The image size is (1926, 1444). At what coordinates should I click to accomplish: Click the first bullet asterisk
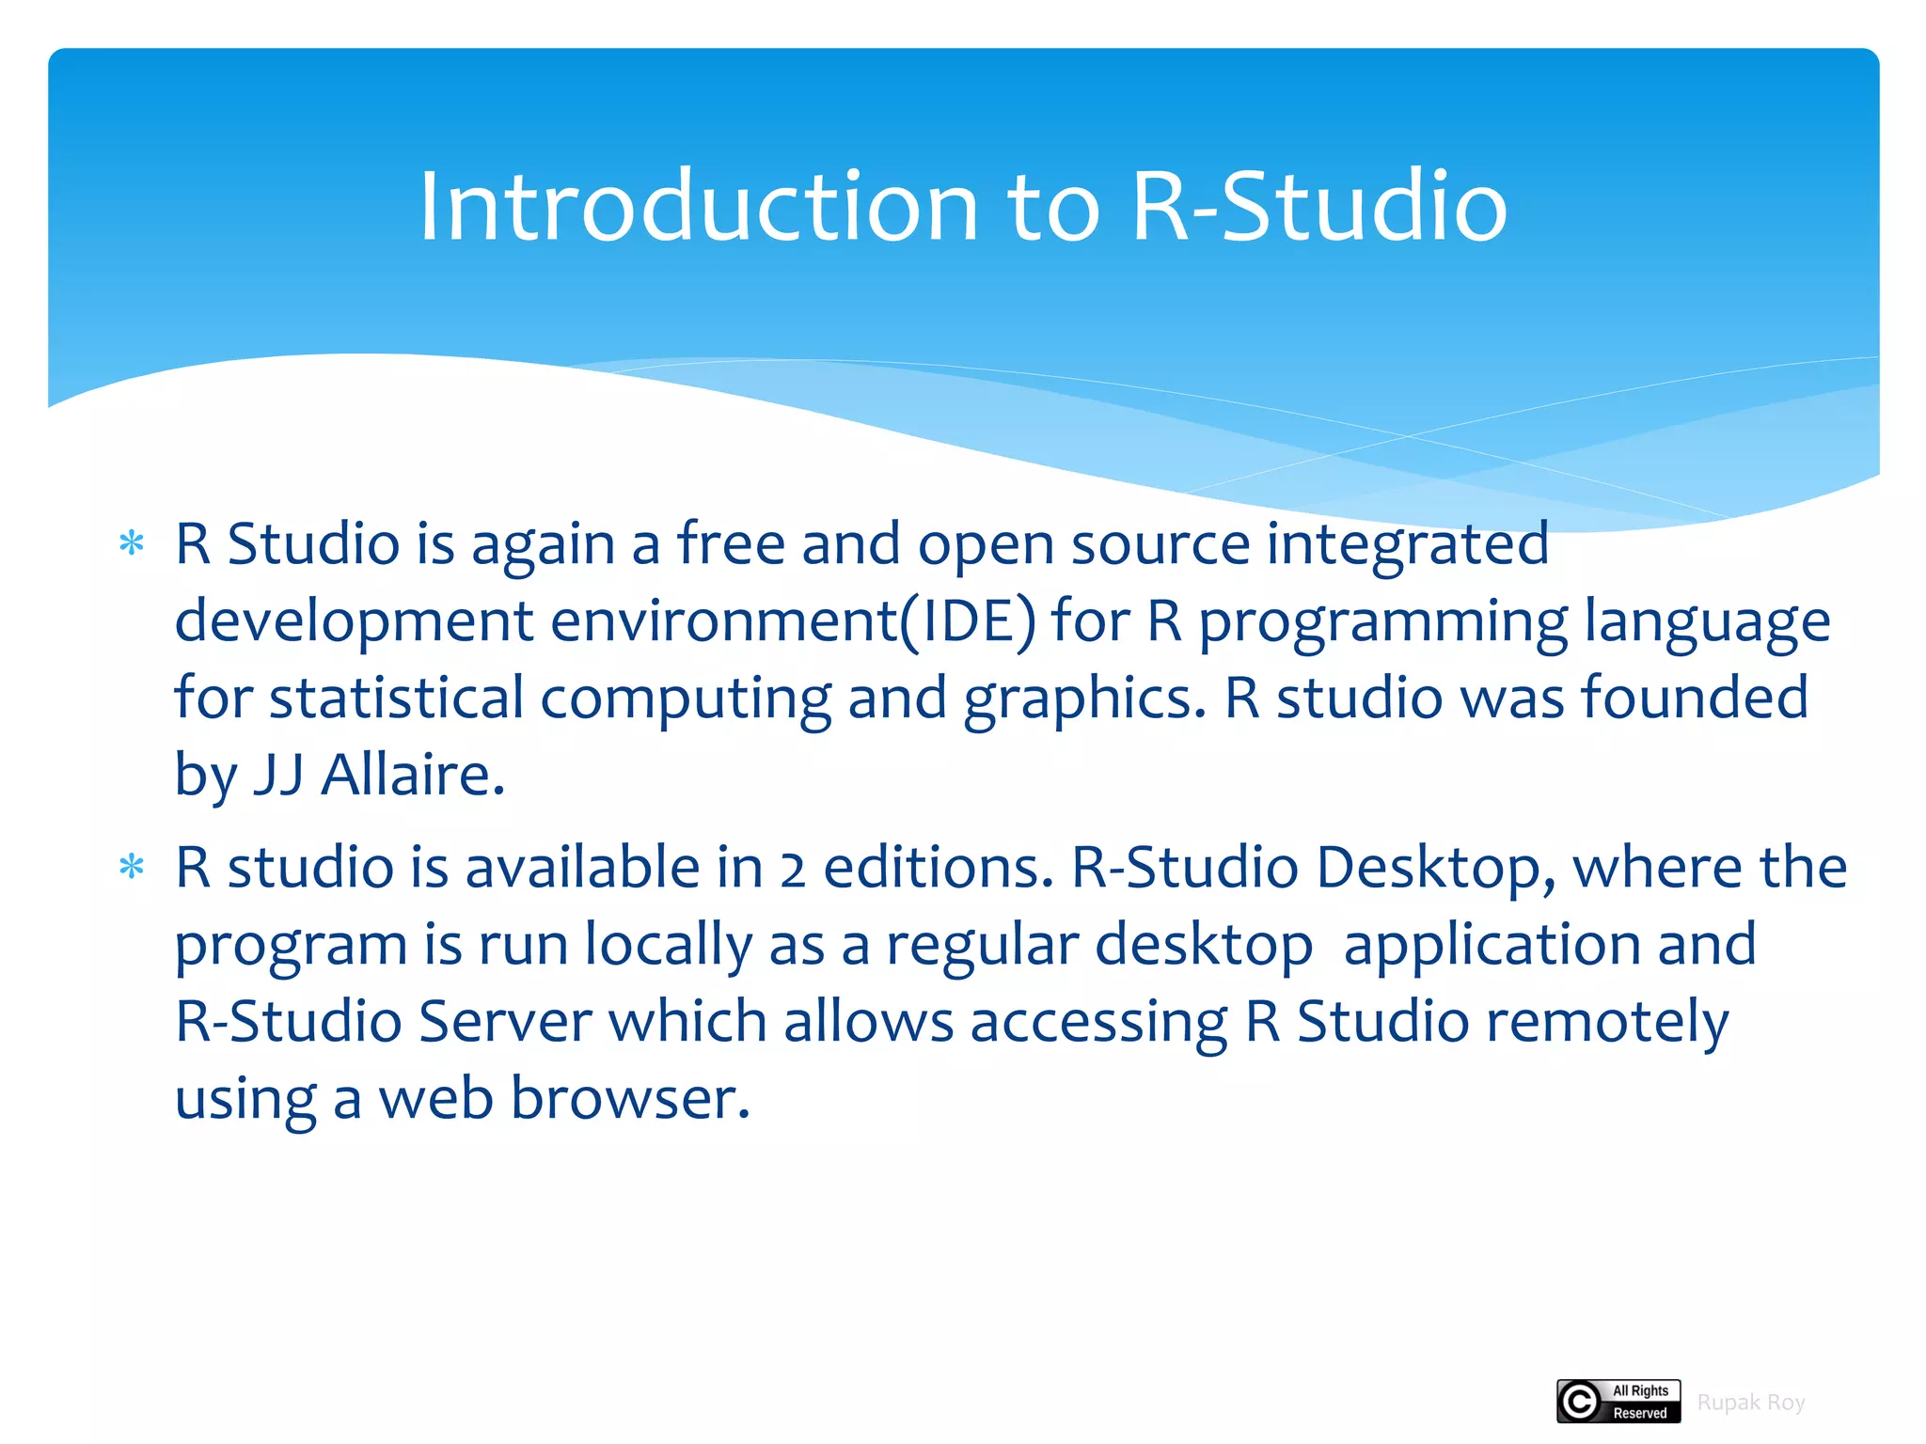pos(132,544)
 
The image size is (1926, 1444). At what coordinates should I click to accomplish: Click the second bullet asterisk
pos(132,867)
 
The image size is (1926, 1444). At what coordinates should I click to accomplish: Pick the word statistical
pos(396,698)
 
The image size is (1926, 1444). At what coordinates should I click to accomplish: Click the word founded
pos(1694,698)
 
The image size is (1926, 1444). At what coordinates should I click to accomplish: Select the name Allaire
pos(412,776)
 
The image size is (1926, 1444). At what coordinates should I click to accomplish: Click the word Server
pos(505,1022)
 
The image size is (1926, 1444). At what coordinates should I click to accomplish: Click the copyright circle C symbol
pos(1580,1402)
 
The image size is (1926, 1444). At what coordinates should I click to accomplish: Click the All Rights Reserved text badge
pos(1640,1402)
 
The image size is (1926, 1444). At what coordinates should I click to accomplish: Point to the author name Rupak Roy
pos(1750,1403)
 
